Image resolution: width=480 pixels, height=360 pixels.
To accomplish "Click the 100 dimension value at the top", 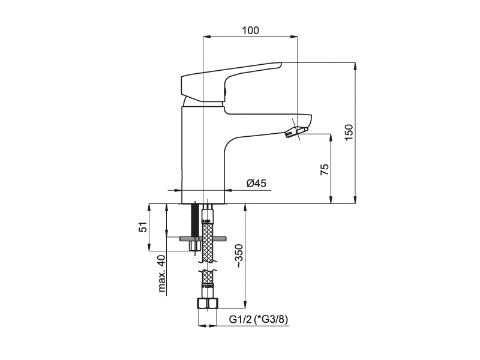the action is coord(250,31).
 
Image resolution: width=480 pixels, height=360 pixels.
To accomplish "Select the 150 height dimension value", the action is coord(349,132).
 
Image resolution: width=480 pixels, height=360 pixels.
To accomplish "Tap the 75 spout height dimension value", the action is coord(325,169).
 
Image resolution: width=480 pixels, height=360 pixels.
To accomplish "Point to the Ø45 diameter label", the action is coord(256,183).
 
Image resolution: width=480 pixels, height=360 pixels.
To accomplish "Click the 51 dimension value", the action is coord(143,227).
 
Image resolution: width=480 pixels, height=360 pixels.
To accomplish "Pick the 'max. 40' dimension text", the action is coord(161,274).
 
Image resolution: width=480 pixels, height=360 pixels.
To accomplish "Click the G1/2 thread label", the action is coord(241,320).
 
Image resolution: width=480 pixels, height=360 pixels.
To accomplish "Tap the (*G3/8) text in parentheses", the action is coord(271,320).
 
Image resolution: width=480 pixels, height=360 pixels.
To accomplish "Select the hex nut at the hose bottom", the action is coord(207,304).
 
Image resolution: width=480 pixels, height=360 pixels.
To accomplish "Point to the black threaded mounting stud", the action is coord(194,220).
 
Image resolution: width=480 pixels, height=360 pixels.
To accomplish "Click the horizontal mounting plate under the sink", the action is coord(203,238).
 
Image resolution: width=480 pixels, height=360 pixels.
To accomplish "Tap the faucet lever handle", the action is coord(231,82).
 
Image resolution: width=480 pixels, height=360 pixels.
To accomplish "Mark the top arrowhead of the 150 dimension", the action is coord(355,66).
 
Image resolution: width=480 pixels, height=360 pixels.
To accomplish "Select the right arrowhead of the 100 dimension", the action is coord(294,37).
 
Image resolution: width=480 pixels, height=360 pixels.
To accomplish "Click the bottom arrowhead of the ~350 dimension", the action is coord(245,305).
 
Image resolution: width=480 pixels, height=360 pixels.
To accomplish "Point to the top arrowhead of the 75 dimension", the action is coord(331,137).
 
